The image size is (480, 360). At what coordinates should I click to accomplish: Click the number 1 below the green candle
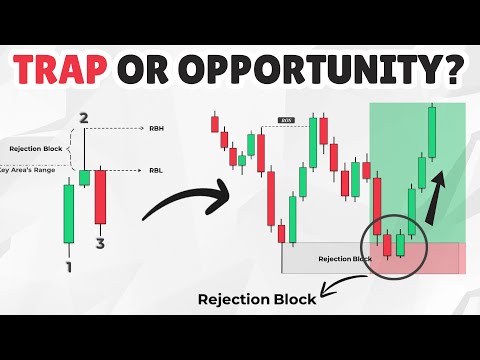pyautogui.click(x=67, y=267)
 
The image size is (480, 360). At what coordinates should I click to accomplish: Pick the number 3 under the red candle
pyautogui.click(x=101, y=241)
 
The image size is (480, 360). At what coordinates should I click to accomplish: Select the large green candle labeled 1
pyautogui.click(x=67, y=212)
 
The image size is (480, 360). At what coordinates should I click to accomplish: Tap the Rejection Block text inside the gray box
pyautogui.click(x=337, y=258)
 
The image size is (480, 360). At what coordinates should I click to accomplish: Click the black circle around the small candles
pyautogui.click(x=392, y=239)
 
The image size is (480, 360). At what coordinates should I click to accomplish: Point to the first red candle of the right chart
pyautogui.click(x=214, y=123)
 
